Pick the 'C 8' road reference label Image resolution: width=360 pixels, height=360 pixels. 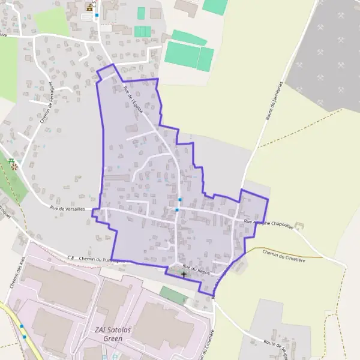70,258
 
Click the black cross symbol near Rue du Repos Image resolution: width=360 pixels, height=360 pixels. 184,274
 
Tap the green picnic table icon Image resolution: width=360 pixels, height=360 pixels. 12,160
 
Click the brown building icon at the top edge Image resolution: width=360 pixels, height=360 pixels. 90,7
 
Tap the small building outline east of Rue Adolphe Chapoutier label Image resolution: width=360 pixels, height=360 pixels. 299,226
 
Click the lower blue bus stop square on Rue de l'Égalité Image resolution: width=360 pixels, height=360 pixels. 177,209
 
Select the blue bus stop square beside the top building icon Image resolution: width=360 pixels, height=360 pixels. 97,14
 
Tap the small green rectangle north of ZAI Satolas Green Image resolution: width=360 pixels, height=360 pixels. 173,295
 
